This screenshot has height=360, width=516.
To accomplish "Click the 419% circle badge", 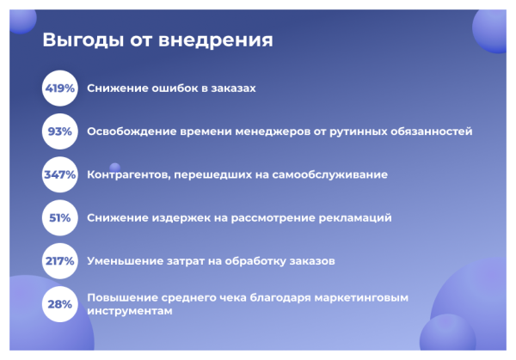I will coord(60,88).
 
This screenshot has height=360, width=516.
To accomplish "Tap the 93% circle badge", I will coord(60,131).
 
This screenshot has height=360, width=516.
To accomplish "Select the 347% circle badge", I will coord(60,174).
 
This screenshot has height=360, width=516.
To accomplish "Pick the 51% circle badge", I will coord(60,217).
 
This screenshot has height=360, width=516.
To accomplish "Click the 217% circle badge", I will coord(60,260).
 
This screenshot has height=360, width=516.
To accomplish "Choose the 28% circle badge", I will coord(60,304).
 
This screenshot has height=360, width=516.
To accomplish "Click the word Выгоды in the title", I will coord(81,40).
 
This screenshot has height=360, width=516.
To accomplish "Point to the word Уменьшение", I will coord(125,260).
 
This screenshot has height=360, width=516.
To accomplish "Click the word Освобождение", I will coord(130,131).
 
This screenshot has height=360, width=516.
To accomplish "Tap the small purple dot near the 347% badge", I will coord(114,167).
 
